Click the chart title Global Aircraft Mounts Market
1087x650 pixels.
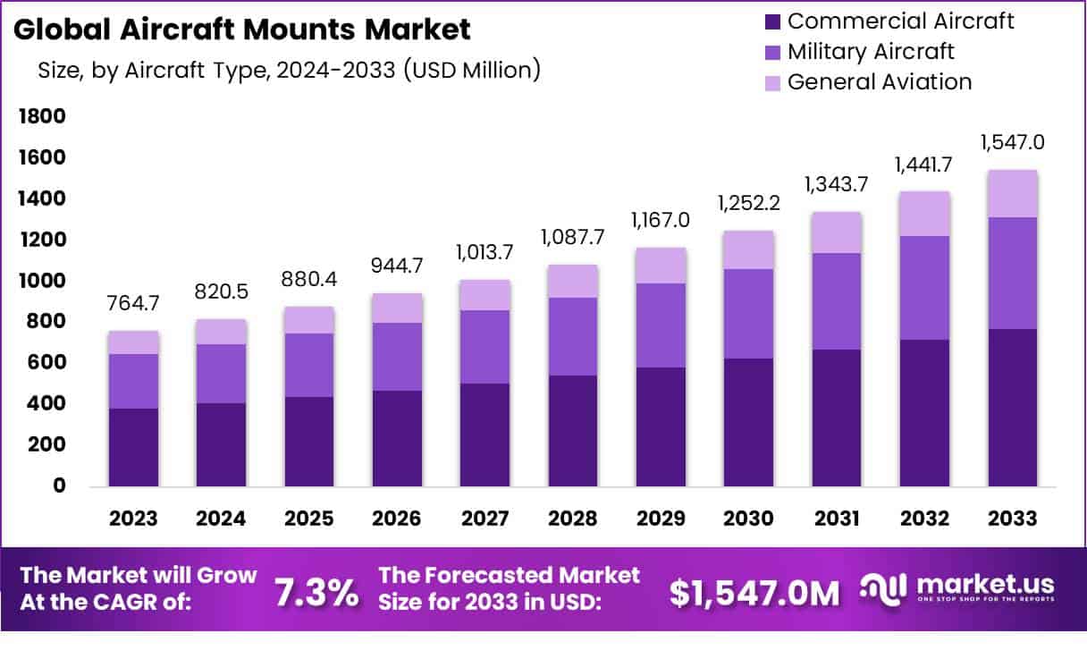(x=242, y=30)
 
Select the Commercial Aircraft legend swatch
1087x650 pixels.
(x=772, y=21)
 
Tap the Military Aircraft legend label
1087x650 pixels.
(x=871, y=51)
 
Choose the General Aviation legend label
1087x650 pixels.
(x=880, y=82)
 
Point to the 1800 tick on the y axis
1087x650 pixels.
(x=42, y=116)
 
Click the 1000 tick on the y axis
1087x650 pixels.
(x=42, y=281)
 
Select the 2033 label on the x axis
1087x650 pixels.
(x=1013, y=519)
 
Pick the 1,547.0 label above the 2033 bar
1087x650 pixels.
(x=1013, y=142)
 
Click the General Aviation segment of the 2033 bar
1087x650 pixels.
(x=1013, y=193)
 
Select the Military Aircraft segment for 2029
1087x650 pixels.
(x=661, y=325)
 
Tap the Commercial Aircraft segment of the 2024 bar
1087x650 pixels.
(x=222, y=444)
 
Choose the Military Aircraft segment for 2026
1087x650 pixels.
(x=396, y=357)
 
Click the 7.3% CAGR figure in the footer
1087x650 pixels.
(x=316, y=592)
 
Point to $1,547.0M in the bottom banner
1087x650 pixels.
(x=754, y=592)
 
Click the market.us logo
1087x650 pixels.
(x=956, y=589)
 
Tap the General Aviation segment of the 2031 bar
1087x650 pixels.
(x=837, y=232)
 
